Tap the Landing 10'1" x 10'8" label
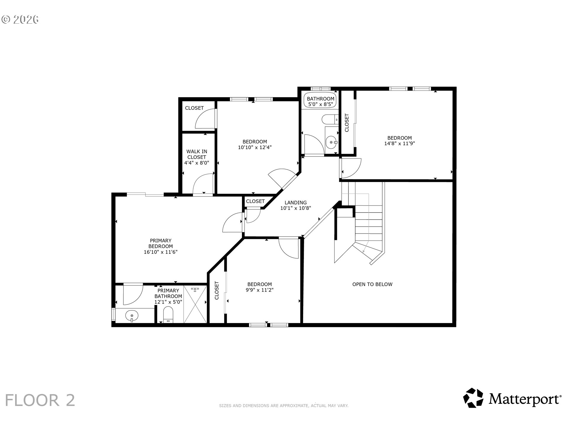point(296,205)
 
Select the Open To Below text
point(372,284)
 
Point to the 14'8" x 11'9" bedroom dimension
point(399,144)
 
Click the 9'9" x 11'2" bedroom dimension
point(259,290)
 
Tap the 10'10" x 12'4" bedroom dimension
point(254,147)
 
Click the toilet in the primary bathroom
point(168,314)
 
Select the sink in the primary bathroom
point(132,316)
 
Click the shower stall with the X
point(195,304)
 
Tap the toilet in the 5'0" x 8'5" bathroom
point(328,120)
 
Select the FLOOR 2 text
point(40,400)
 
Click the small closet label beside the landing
point(255,201)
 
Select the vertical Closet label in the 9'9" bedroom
point(217,290)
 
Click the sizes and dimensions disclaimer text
point(283,406)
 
